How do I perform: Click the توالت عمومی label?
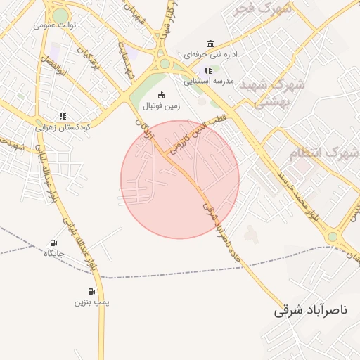55,25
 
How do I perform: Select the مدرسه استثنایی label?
208,81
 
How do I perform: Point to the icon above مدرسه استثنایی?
207,70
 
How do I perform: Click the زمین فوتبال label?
162,106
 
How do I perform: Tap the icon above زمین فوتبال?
162,96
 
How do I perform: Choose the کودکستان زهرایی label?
63,127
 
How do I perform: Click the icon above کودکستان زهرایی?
63,117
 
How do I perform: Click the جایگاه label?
54,253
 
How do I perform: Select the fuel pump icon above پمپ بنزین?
92,291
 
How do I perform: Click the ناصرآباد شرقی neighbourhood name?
316,309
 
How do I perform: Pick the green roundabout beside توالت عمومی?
61,15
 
